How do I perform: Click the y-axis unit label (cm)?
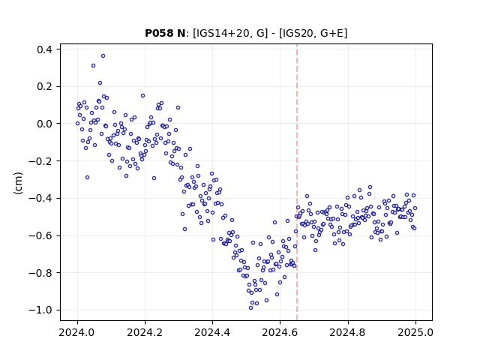pyautogui.click(x=18, y=182)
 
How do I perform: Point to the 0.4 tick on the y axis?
pyautogui.click(x=45, y=49)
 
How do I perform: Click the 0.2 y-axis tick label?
pyautogui.click(x=45, y=87)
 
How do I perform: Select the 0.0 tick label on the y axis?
pyautogui.click(x=45, y=124)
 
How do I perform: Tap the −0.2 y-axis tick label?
pyautogui.click(x=40, y=161)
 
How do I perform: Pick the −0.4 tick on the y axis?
pyautogui.click(x=40, y=198)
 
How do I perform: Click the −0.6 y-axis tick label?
pyautogui.click(x=40, y=235)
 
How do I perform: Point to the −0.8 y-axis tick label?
pyautogui.click(x=40, y=273)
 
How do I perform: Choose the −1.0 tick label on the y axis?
pyautogui.click(x=40, y=310)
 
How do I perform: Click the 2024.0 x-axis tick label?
pyautogui.click(x=77, y=332)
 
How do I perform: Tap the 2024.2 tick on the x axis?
pyautogui.click(x=145, y=332)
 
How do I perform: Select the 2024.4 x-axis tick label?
pyautogui.click(x=212, y=332)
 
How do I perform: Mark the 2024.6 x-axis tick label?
pyautogui.click(x=280, y=332)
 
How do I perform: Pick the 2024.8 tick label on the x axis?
pyautogui.click(x=348, y=332)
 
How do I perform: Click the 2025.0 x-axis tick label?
pyautogui.click(x=415, y=332)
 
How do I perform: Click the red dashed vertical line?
pyautogui.click(x=297, y=182)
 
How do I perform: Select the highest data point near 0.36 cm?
pyautogui.click(x=103, y=56)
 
